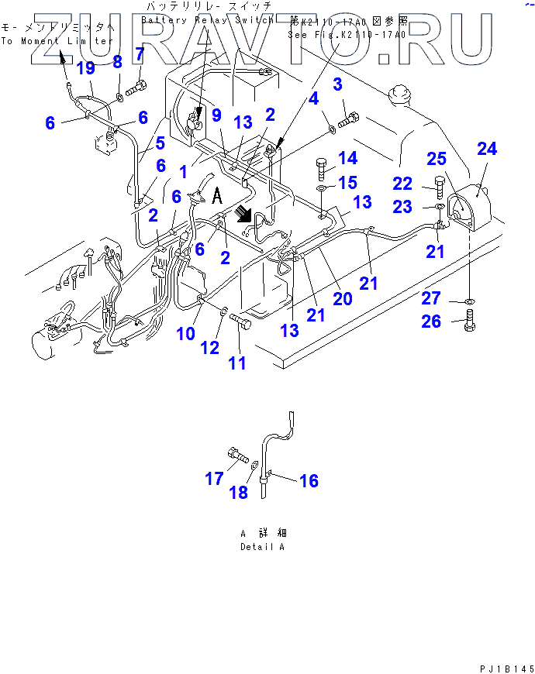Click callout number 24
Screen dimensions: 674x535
(x=486, y=150)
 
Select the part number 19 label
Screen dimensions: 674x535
(x=85, y=68)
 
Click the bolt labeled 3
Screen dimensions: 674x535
(x=350, y=119)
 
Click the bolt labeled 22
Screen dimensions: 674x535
(x=440, y=188)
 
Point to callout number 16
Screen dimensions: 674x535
(x=309, y=481)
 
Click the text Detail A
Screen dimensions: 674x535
(x=262, y=547)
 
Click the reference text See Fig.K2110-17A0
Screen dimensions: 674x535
(x=347, y=34)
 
